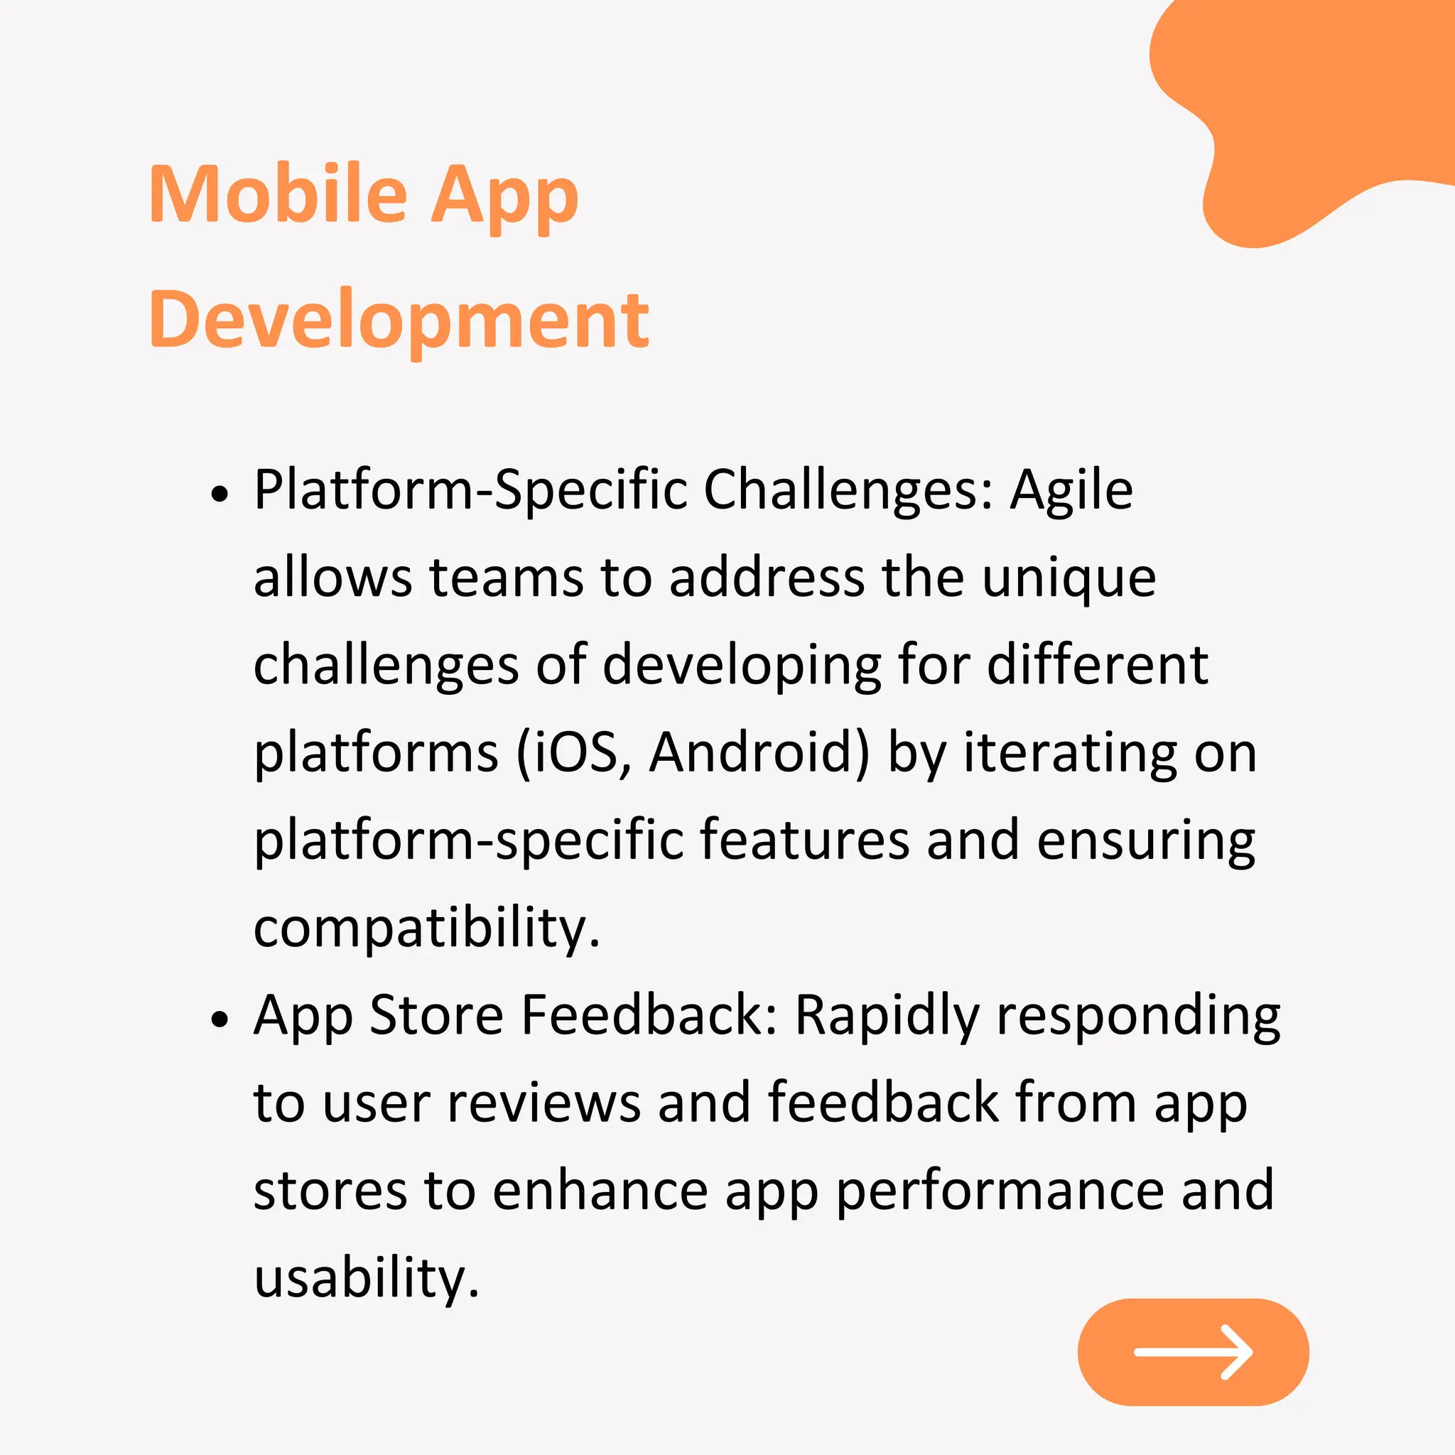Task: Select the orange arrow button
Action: [x=1193, y=1352]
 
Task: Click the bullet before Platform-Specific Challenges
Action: [x=219, y=494]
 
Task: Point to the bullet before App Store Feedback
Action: [x=219, y=1019]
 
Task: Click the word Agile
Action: [x=1071, y=490]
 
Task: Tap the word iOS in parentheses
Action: [x=575, y=752]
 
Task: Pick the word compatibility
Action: [x=426, y=929]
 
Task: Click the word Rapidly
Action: [x=887, y=1016]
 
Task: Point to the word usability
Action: [x=366, y=1278]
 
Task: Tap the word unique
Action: [x=1069, y=578]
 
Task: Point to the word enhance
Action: [x=600, y=1191]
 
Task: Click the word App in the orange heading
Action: [x=504, y=195]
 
